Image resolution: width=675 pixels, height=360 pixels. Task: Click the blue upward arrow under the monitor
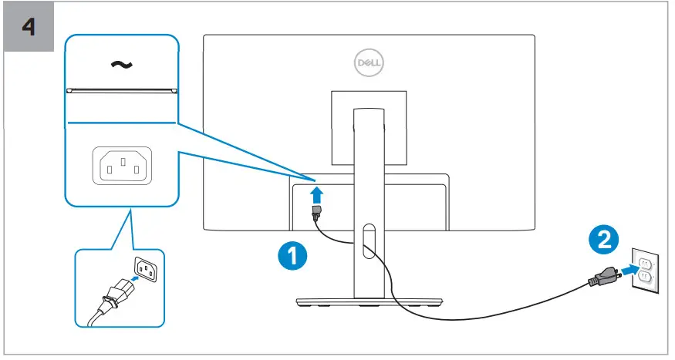point(315,192)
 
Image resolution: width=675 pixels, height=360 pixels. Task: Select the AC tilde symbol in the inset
point(120,65)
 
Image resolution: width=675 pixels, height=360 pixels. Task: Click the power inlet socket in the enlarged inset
point(122,164)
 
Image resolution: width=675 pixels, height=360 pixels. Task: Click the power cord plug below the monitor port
point(316,214)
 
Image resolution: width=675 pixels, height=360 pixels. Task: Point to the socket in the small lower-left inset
point(147,265)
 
